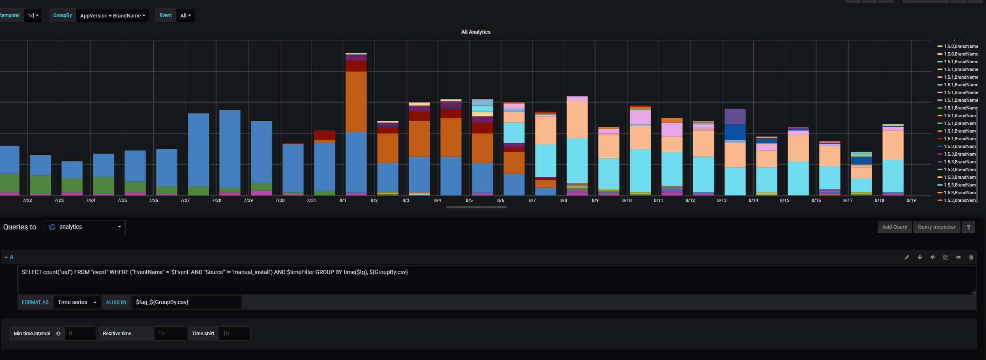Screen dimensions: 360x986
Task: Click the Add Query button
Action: tap(894, 227)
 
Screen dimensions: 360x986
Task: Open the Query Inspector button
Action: tap(936, 227)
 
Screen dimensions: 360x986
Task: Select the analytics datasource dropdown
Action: tap(85, 227)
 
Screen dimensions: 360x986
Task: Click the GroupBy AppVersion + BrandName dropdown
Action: tap(112, 15)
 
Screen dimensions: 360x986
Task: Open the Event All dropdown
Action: tap(185, 15)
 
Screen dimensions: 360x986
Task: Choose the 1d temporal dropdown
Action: tap(33, 15)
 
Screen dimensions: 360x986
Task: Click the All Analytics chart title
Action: tap(476, 32)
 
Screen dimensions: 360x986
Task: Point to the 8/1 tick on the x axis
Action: tap(343, 200)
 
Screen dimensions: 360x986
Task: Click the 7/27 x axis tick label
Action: tap(185, 200)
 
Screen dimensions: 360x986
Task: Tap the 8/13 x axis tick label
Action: tap(722, 200)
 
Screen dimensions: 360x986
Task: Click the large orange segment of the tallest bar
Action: tap(356, 101)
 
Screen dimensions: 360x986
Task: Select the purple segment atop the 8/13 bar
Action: tap(735, 116)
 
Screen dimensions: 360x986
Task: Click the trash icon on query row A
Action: tap(971, 257)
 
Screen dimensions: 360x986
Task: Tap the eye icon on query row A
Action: tap(958, 257)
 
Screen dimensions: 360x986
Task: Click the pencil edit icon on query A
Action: tap(907, 257)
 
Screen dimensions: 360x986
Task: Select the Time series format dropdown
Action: tap(77, 302)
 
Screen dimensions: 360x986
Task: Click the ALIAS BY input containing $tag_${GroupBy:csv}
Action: tap(186, 302)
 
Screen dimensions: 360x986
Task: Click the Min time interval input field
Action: tap(80, 334)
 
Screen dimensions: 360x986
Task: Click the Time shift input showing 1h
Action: tap(234, 334)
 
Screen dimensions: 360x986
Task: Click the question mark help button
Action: tap(968, 227)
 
